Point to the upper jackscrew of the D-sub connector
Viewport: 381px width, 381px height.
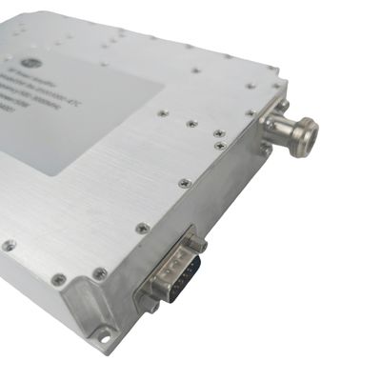point(197,245)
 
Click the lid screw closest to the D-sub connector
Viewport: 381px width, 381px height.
point(143,229)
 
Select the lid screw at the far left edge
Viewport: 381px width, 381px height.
point(9,245)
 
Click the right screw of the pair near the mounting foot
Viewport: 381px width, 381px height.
point(99,273)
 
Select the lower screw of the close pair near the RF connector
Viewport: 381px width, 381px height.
point(220,146)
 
